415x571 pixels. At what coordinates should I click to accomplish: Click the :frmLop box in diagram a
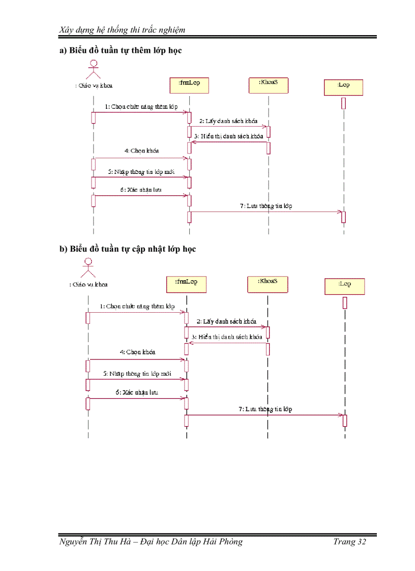click(189, 85)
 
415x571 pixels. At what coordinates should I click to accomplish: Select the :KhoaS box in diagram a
click(268, 85)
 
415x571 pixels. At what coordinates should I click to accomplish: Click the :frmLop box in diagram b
click(186, 284)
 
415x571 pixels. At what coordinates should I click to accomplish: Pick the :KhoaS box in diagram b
click(268, 284)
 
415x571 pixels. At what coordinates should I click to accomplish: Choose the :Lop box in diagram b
click(345, 286)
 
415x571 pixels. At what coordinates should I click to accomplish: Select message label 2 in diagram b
click(226, 322)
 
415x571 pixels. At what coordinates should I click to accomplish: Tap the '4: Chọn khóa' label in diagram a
click(141, 151)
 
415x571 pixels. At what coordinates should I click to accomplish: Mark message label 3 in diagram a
click(228, 137)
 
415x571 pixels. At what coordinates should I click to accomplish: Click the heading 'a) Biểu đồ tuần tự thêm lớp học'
click(121, 50)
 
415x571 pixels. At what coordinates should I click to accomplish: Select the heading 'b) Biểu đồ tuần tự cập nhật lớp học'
click(128, 249)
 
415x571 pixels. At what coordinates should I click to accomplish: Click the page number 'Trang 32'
click(349, 542)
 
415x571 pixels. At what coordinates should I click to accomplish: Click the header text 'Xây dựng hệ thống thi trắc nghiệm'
click(122, 29)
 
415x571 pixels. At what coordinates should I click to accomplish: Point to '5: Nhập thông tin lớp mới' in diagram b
click(137, 374)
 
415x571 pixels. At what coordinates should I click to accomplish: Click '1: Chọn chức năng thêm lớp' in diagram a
click(141, 107)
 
